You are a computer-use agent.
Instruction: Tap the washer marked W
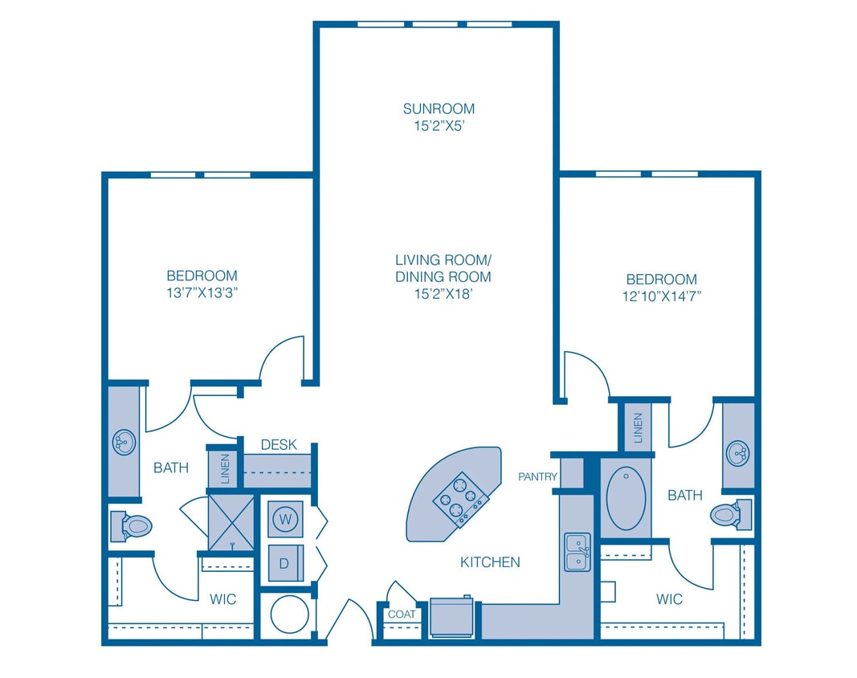pos(284,519)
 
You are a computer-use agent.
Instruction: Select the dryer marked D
pos(284,562)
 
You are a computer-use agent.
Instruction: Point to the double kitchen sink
pos(577,551)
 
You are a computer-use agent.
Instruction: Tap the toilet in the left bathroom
pos(132,527)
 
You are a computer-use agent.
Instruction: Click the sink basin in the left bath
pos(124,441)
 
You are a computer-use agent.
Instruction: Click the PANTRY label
pos(537,477)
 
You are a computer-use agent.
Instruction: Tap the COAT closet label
pos(402,615)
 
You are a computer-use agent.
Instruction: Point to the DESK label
pos(279,444)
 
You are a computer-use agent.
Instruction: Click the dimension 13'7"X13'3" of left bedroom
pos(202,292)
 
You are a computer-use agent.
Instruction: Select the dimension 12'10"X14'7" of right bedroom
pos(662,296)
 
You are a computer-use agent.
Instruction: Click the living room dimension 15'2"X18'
pos(443,293)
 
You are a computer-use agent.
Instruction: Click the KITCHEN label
pos(490,562)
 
